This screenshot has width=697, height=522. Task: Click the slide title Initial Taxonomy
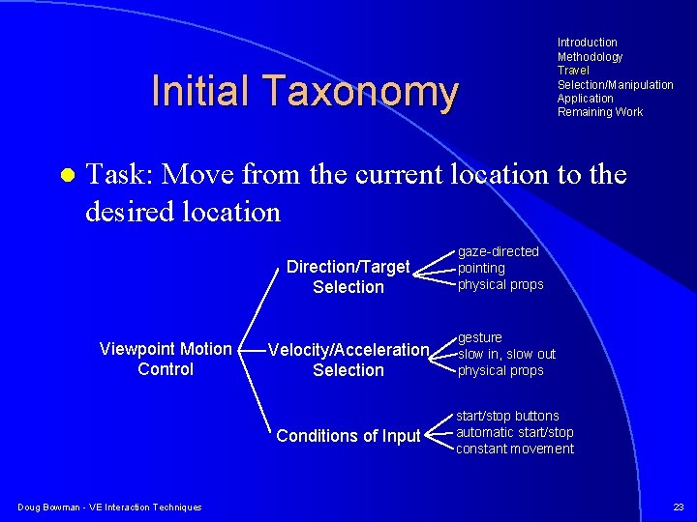[x=304, y=92]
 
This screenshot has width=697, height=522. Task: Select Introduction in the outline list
[x=587, y=43]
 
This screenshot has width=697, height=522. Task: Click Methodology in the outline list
[x=590, y=57]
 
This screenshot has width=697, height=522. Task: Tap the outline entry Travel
[x=573, y=71]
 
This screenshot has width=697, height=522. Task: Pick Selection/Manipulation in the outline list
[x=615, y=85]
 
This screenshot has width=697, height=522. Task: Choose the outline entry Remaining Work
[x=599, y=112]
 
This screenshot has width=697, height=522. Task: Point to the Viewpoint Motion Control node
[x=166, y=359]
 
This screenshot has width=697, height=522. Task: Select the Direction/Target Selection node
[x=348, y=276]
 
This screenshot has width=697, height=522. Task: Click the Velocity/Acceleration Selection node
[x=348, y=360]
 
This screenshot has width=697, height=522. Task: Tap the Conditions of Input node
[x=348, y=436]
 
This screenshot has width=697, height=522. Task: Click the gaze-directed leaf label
[x=498, y=252]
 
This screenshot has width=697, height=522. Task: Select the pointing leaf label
[x=481, y=268]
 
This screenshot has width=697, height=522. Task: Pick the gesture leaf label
[x=479, y=337]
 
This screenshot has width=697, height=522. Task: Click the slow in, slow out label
[x=506, y=354]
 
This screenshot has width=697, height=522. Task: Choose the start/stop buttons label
[x=507, y=416]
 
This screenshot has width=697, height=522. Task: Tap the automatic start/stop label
[x=514, y=432]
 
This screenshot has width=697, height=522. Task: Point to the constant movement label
[x=514, y=449]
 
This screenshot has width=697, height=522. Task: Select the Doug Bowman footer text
[x=109, y=507]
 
